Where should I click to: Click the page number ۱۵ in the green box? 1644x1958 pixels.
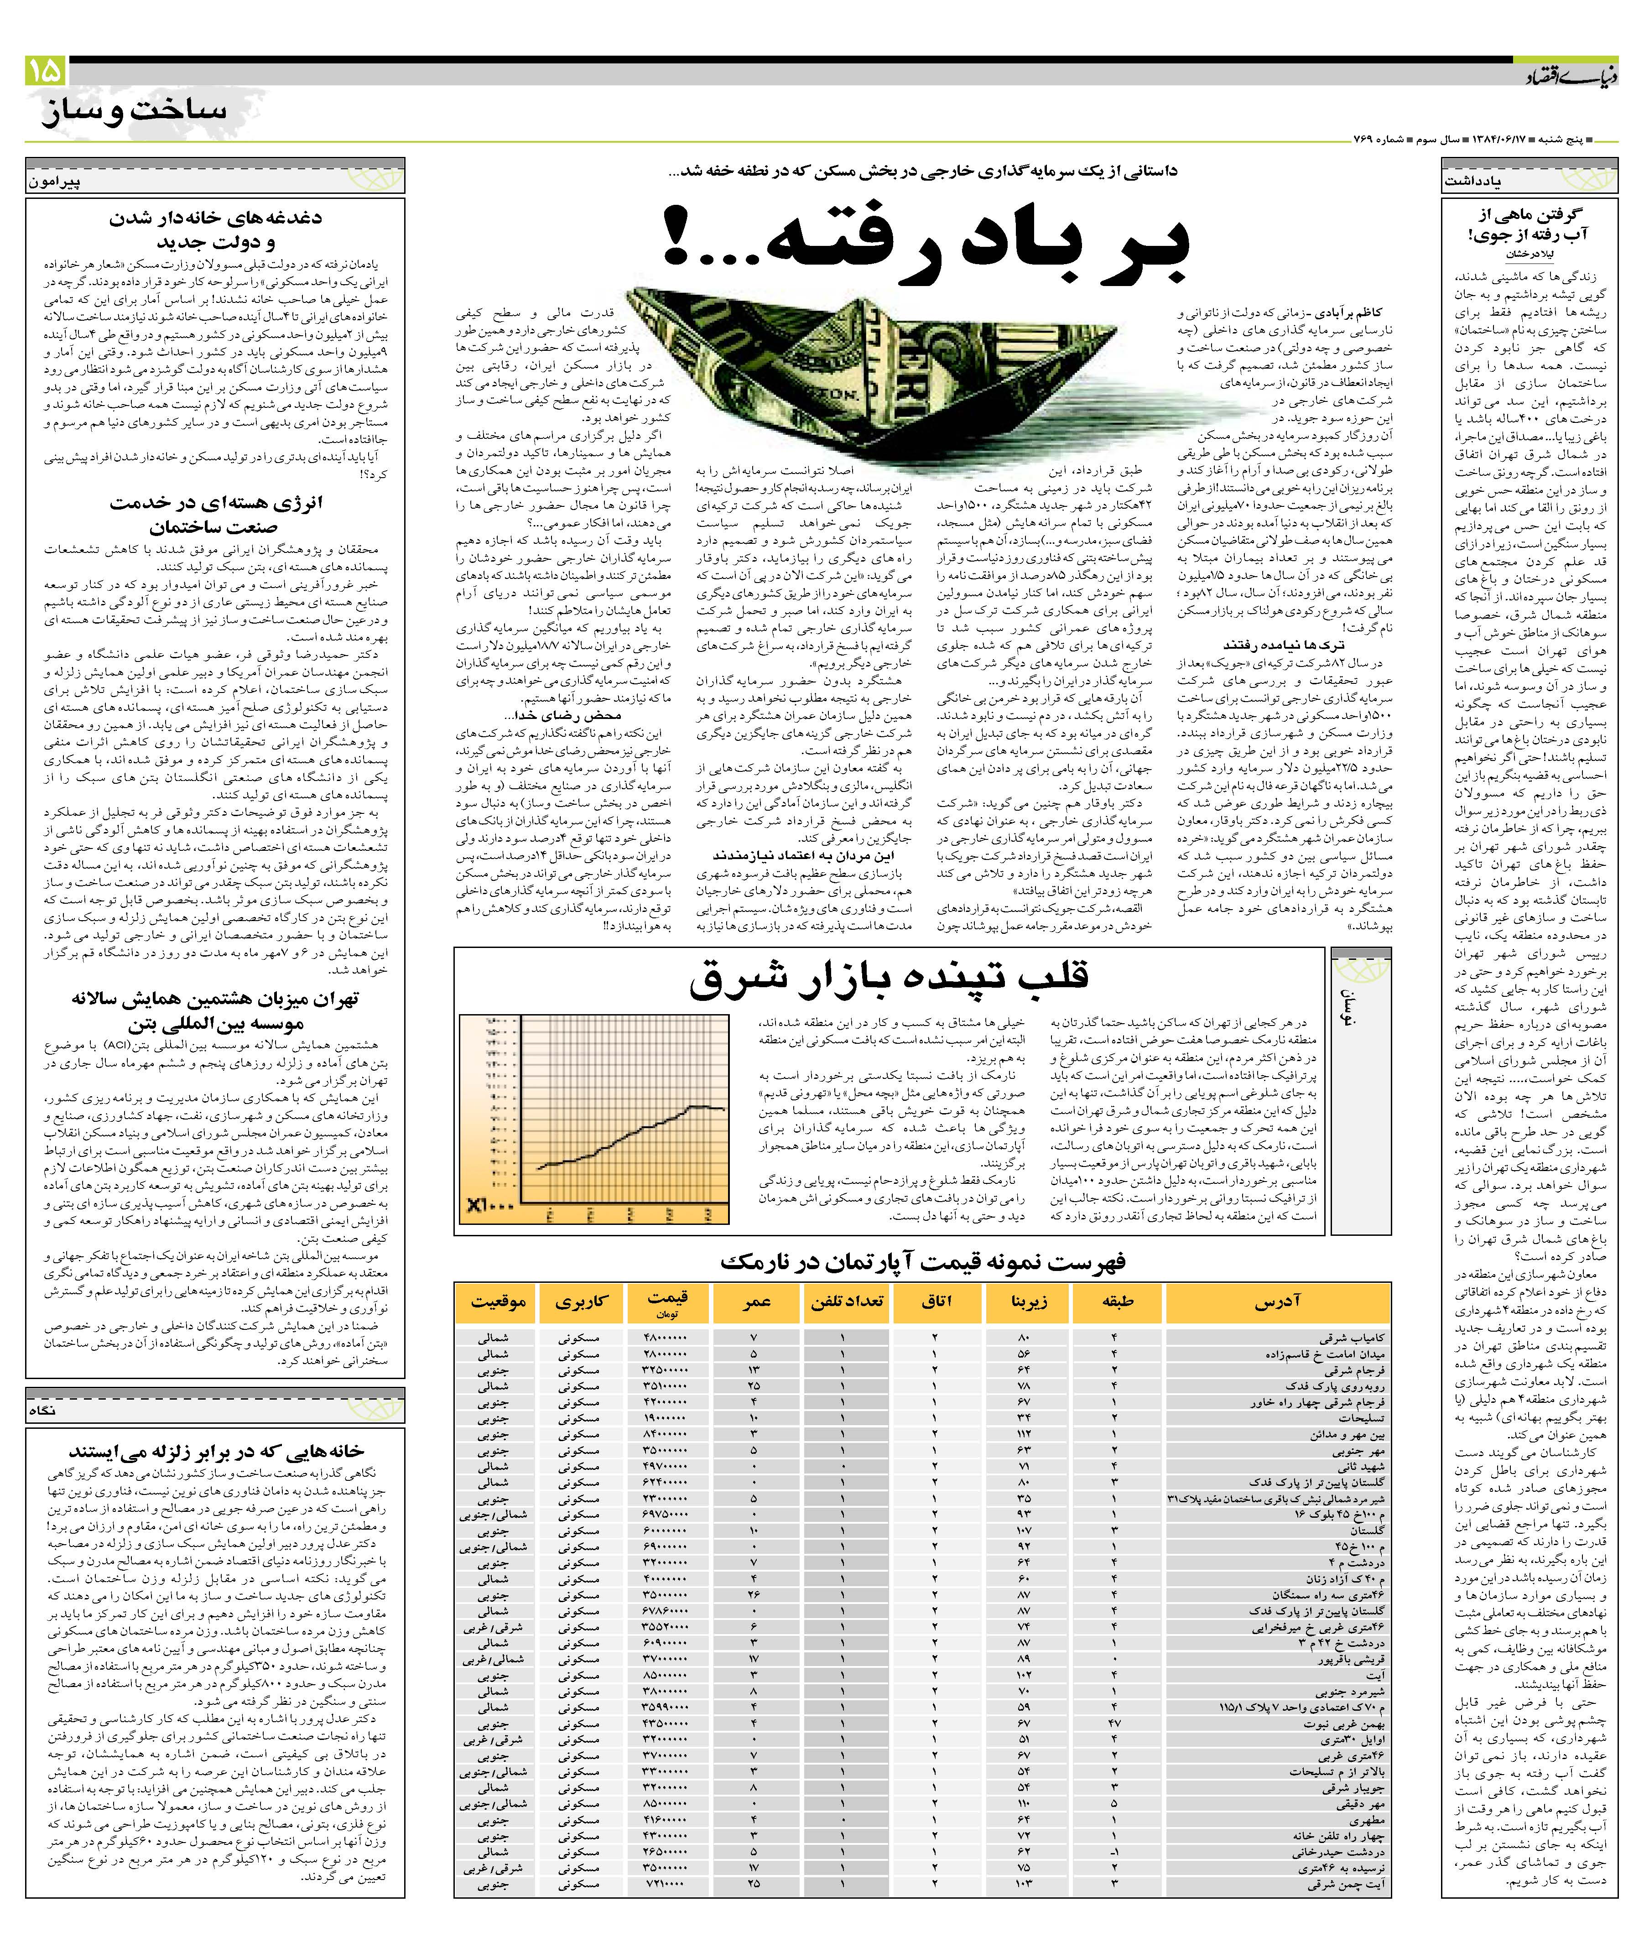pos(44,70)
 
